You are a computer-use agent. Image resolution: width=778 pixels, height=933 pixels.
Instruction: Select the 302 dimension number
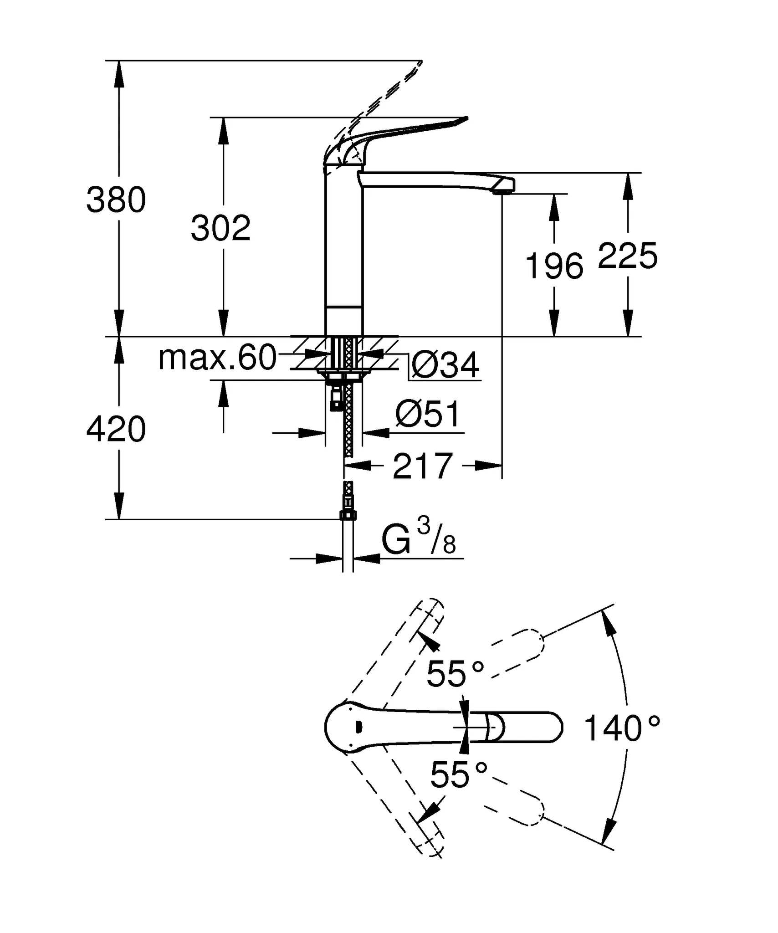(x=220, y=228)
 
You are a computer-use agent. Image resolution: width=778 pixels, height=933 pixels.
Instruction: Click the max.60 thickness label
(x=217, y=358)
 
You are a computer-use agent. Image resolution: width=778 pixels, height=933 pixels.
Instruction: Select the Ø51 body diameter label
(x=428, y=414)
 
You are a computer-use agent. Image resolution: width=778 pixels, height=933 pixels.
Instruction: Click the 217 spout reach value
(x=423, y=466)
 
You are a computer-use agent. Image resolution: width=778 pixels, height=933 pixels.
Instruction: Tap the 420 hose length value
(x=116, y=429)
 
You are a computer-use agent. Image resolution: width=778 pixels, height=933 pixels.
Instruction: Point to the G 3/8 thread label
(x=418, y=540)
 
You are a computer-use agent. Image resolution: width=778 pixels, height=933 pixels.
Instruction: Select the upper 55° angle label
(x=455, y=673)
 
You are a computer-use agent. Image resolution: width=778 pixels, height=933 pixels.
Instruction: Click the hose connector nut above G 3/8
(x=348, y=515)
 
